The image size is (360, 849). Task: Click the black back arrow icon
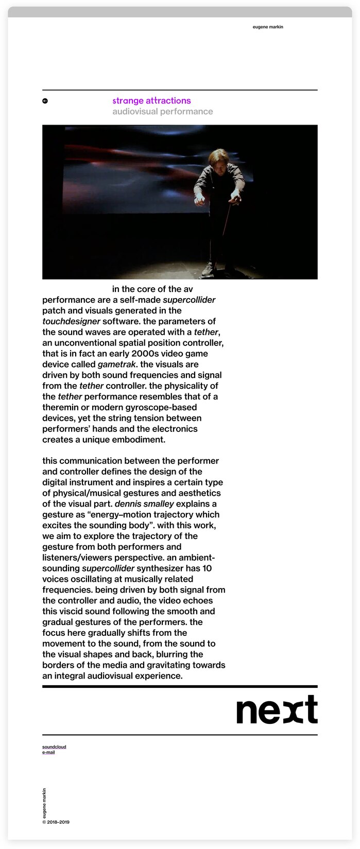click(x=45, y=101)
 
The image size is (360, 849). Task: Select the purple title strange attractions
click(x=151, y=101)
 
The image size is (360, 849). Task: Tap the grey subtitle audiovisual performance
click(x=162, y=111)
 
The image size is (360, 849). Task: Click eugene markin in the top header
click(x=268, y=27)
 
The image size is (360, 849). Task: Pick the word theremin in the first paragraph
click(x=60, y=407)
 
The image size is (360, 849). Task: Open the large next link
click(x=277, y=710)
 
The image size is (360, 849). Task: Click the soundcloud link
click(x=54, y=747)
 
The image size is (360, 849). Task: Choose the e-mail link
click(x=48, y=752)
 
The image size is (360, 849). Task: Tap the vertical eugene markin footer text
click(x=45, y=803)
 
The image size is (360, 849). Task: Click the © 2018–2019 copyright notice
click(x=56, y=822)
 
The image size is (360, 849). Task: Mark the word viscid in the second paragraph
click(x=73, y=611)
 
